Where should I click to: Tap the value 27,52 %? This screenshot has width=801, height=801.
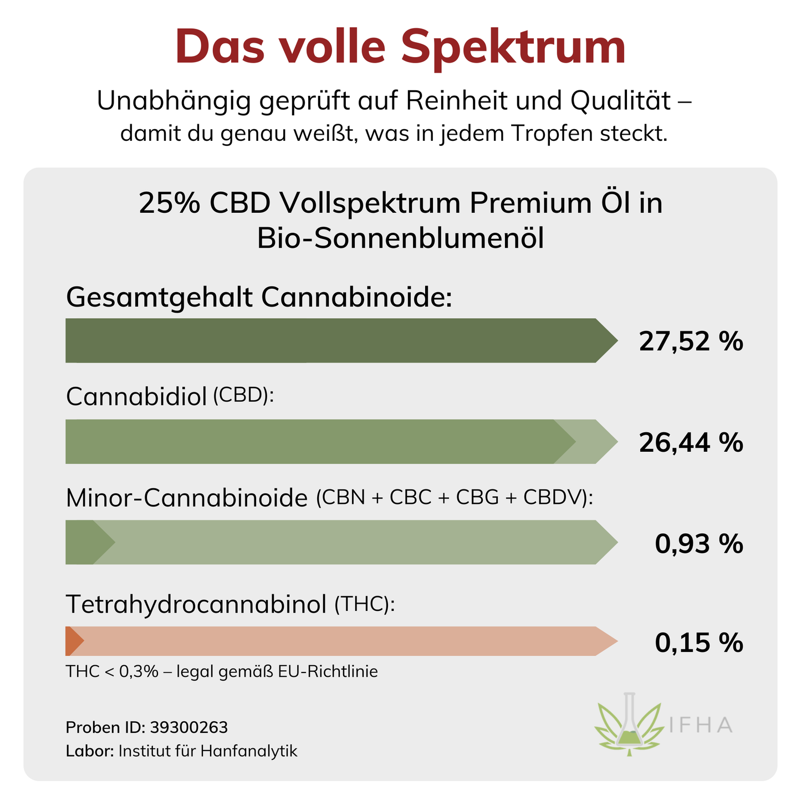[x=690, y=341]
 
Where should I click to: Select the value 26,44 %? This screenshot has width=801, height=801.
[x=690, y=442]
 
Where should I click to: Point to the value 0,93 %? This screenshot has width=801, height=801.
[x=698, y=544]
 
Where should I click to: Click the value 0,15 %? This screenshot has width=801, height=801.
[x=698, y=643]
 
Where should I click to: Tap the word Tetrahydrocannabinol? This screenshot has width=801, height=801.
[x=196, y=604]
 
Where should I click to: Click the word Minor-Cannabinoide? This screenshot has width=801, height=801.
[x=186, y=498]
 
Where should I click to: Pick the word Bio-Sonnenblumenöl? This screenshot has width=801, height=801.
[x=400, y=239]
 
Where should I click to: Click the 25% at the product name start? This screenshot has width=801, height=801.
[x=169, y=203]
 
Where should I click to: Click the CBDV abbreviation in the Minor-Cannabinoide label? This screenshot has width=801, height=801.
[x=553, y=497]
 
